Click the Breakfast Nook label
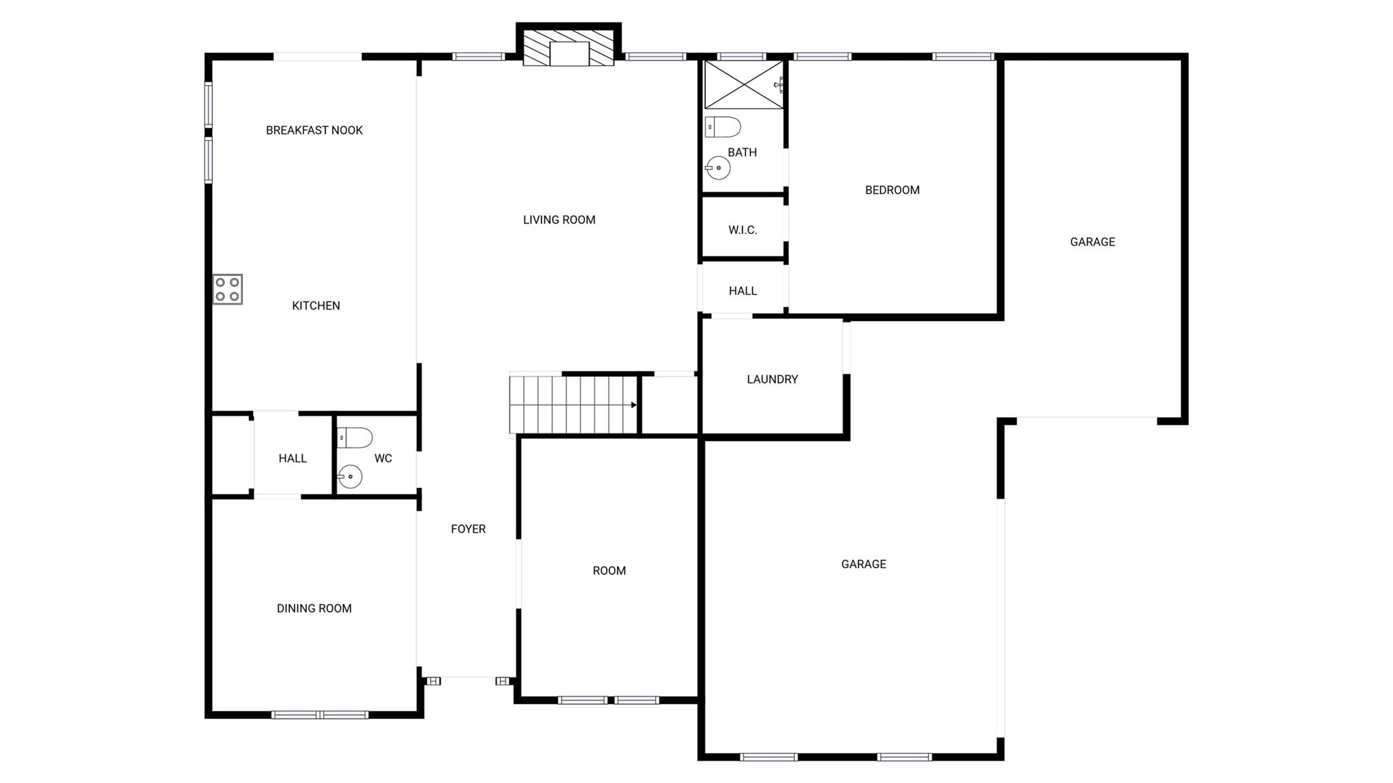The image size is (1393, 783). [314, 130]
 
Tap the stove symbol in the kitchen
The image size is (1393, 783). [227, 289]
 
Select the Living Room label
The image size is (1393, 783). [559, 220]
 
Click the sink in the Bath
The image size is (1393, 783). [718, 167]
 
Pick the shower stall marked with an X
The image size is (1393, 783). [743, 85]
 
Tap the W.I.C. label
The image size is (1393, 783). [743, 230]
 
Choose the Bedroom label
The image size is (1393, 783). [892, 190]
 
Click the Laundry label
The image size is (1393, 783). [772, 379]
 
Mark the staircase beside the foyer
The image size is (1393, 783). [573, 405]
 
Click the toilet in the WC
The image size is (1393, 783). [355, 437]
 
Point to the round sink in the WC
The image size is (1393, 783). [350, 476]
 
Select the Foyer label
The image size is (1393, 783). [468, 529]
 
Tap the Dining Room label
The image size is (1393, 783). [314, 608]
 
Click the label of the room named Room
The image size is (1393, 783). [609, 571]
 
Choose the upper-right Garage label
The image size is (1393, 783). [1092, 241]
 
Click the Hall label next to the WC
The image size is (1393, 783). [292, 459]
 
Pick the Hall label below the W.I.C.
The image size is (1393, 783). [743, 290]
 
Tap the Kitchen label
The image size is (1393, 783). [316, 305]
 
